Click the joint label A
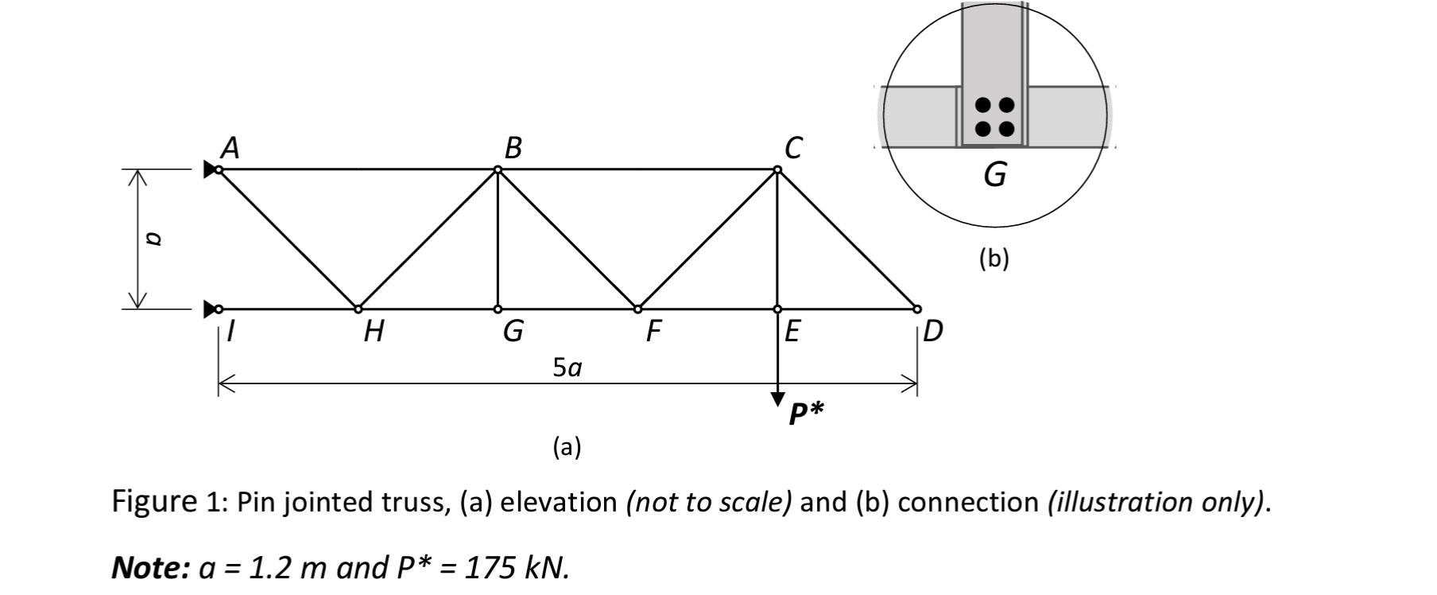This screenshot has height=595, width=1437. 230,148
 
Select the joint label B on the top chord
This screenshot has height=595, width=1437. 513,148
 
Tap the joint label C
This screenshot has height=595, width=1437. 792,148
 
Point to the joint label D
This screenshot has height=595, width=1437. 933,330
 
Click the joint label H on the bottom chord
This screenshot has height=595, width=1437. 374,331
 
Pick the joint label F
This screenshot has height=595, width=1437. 653,331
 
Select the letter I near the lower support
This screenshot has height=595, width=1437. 230,331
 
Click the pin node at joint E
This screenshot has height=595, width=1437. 777,309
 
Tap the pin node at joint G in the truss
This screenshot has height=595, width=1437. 498,309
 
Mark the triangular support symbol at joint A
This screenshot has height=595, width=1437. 210,169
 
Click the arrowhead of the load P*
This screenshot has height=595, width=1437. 777,399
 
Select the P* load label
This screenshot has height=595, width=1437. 806,414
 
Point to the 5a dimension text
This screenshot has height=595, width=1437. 567,367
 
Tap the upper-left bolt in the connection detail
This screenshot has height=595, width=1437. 983,104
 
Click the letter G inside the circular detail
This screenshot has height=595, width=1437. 994,173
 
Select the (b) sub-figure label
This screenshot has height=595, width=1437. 994,259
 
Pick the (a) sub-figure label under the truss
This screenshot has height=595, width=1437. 567,447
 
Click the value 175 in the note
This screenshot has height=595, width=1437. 490,568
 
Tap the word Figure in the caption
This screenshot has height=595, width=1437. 153,502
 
